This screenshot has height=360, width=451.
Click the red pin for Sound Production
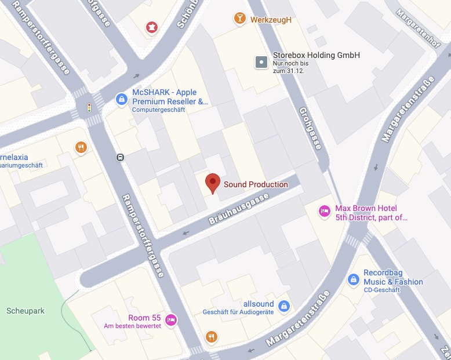coord(213,183)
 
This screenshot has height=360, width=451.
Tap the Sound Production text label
coord(256,184)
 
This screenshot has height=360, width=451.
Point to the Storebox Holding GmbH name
coord(317,55)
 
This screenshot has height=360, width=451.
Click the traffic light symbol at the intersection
coord(89,108)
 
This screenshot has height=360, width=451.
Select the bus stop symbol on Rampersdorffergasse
coord(120,157)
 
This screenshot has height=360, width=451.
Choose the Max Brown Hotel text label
coord(371,213)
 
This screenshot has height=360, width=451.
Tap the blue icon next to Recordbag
coord(353,280)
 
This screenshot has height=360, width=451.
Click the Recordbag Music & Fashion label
coord(393,277)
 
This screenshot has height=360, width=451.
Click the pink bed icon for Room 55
coord(170,319)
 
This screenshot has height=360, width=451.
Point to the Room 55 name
coord(144,318)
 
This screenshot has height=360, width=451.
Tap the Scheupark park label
coord(25,311)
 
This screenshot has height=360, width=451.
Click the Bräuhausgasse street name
coord(238,209)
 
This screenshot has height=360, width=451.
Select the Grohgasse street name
coord(310,128)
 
